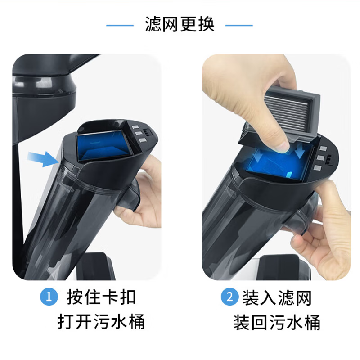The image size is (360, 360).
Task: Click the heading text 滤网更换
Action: (x=180, y=24)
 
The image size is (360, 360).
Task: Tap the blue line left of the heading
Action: (x=120, y=25)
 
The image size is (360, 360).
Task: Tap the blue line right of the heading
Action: (x=239, y=25)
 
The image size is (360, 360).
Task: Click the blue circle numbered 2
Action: (x=229, y=297)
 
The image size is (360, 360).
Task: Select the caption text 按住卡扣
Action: (x=101, y=297)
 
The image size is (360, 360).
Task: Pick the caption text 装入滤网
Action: (x=276, y=297)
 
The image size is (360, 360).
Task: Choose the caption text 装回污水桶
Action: (x=276, y=323)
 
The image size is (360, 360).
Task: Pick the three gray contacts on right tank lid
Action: (x=320, y=158)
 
